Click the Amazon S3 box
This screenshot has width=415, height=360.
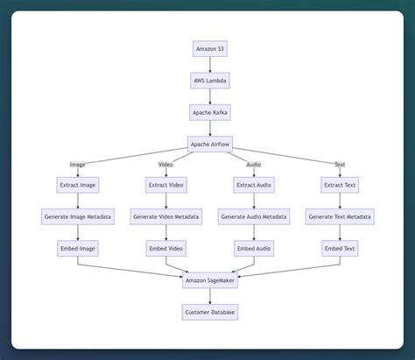coord(210,49)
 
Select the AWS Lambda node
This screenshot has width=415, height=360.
coord(210,81)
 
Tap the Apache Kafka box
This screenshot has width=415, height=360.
coord(210,112)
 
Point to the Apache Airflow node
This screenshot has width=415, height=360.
coord(210,144)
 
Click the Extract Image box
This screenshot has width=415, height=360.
coord(78,185)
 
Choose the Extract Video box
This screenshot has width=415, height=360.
coord(165,185)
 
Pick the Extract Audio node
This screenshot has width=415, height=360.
coord(254,185)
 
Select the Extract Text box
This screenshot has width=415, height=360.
coord(340,185)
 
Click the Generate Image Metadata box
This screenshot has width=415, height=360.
coord(78,216)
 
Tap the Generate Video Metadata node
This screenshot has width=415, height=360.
coord(165,216)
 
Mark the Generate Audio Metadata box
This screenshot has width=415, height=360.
coord(254,216)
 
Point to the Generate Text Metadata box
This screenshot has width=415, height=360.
coord(340,216)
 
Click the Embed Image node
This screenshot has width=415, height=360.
coord(78,249)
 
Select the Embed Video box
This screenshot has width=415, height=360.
coord(165,249)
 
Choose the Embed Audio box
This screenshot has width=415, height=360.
coord(254,249)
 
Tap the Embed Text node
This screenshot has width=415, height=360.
coord(340,249)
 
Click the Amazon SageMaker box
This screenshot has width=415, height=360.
coord(210,280)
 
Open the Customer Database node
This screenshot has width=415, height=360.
coord(210,312)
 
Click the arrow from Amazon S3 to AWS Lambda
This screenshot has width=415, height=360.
coord(210,65)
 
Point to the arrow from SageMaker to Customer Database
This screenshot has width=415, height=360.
coord(210,296)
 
